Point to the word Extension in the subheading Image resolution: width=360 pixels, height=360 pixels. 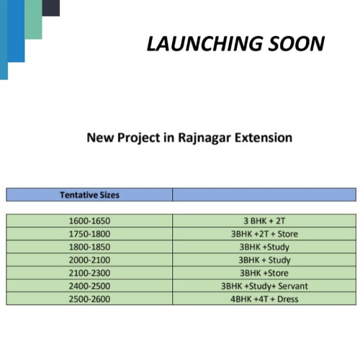click(264, 137)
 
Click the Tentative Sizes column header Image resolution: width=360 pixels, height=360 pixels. click(89, 194)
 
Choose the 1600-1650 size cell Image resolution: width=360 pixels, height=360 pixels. click(89, 221)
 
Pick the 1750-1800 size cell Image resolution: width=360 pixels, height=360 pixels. click(89, 234)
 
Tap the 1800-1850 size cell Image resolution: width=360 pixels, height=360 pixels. click(89, 247)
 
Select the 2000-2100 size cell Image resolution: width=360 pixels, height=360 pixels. click(89, 260)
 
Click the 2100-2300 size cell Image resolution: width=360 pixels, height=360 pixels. click(89, 273)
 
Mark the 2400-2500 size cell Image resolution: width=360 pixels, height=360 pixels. click(89, 286)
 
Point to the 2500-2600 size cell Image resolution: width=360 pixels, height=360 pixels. click(89, 299)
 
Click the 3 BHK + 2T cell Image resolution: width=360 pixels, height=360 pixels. click(264, 221)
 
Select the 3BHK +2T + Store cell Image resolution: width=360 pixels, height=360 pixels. click(264, 234)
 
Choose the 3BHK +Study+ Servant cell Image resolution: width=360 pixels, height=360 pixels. click(264, 286)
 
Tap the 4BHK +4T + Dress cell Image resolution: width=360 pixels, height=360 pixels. click(264, 299)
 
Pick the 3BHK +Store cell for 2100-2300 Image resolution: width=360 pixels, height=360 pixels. click(264, 273)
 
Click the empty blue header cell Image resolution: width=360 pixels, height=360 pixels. click(264, 194)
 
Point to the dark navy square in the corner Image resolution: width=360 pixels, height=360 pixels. click(50, 7)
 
